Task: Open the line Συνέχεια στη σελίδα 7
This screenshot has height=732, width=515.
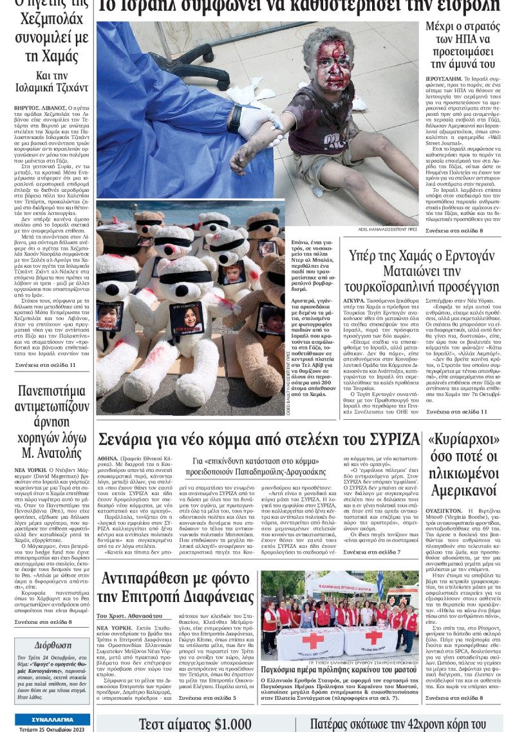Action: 371,552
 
